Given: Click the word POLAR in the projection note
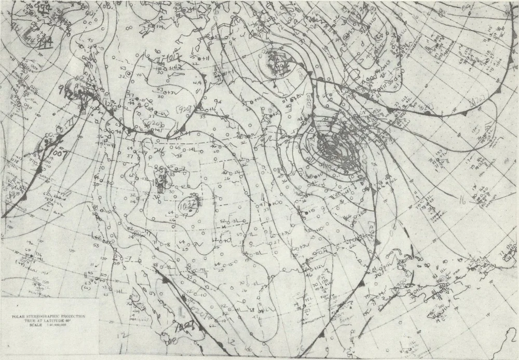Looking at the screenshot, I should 21,315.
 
